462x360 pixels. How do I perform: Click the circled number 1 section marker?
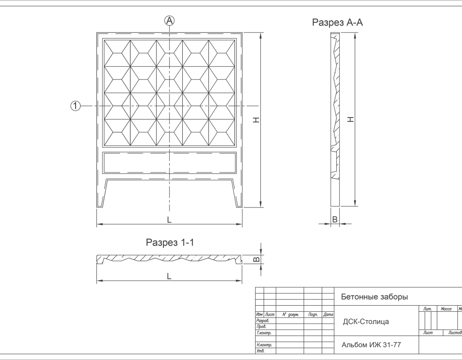pyautogui.click(x=75, y=106)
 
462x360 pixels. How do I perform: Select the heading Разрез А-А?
pyautogui.click(x=337, y=22)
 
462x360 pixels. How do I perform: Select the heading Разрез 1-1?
pyautogui.click(x=170, y=243)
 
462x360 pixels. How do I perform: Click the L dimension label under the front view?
pyautogui.click(x=169, y=220)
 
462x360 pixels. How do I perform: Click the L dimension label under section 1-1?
pyautogui.click(x=169, y=276)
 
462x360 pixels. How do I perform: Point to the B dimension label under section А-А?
pyautogui.click(x=334, y=219)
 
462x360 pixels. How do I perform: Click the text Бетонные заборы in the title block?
pyautogui.click(x=374, y=297)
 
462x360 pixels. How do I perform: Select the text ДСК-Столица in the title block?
pyautogui.click(x=366, y=322)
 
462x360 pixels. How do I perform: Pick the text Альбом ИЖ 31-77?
pyautogui.click(x=371, y=345)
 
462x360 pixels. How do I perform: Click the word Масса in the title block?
pyautogui.click(x=445, y=309)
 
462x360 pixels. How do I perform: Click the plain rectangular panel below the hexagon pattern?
pyautogui.click(x=170, y=163)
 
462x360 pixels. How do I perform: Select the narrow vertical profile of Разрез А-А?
pyautogui.click(x=335, y=120)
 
